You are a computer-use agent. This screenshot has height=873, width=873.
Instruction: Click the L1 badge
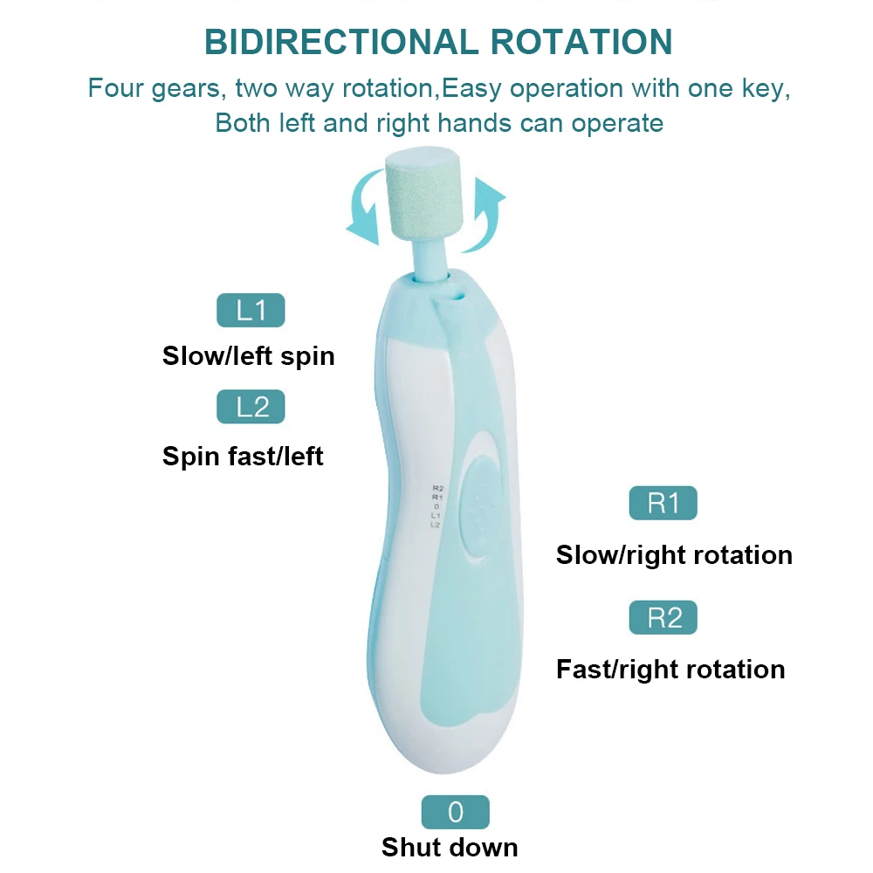251,311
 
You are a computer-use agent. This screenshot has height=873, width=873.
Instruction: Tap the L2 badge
251,407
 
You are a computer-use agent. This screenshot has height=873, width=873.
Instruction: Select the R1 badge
663,503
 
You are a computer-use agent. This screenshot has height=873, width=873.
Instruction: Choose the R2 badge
663,617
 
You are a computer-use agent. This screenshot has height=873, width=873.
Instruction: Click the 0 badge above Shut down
455,812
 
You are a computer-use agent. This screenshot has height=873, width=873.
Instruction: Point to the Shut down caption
450,847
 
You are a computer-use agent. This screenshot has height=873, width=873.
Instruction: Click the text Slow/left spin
249,356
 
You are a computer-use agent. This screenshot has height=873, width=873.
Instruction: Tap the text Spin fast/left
243,456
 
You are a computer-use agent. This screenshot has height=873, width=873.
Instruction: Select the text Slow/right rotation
674,555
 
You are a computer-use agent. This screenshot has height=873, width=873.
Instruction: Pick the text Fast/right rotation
670,670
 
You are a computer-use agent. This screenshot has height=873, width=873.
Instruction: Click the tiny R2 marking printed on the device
437,488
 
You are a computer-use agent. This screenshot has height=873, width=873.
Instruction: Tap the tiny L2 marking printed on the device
435,525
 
